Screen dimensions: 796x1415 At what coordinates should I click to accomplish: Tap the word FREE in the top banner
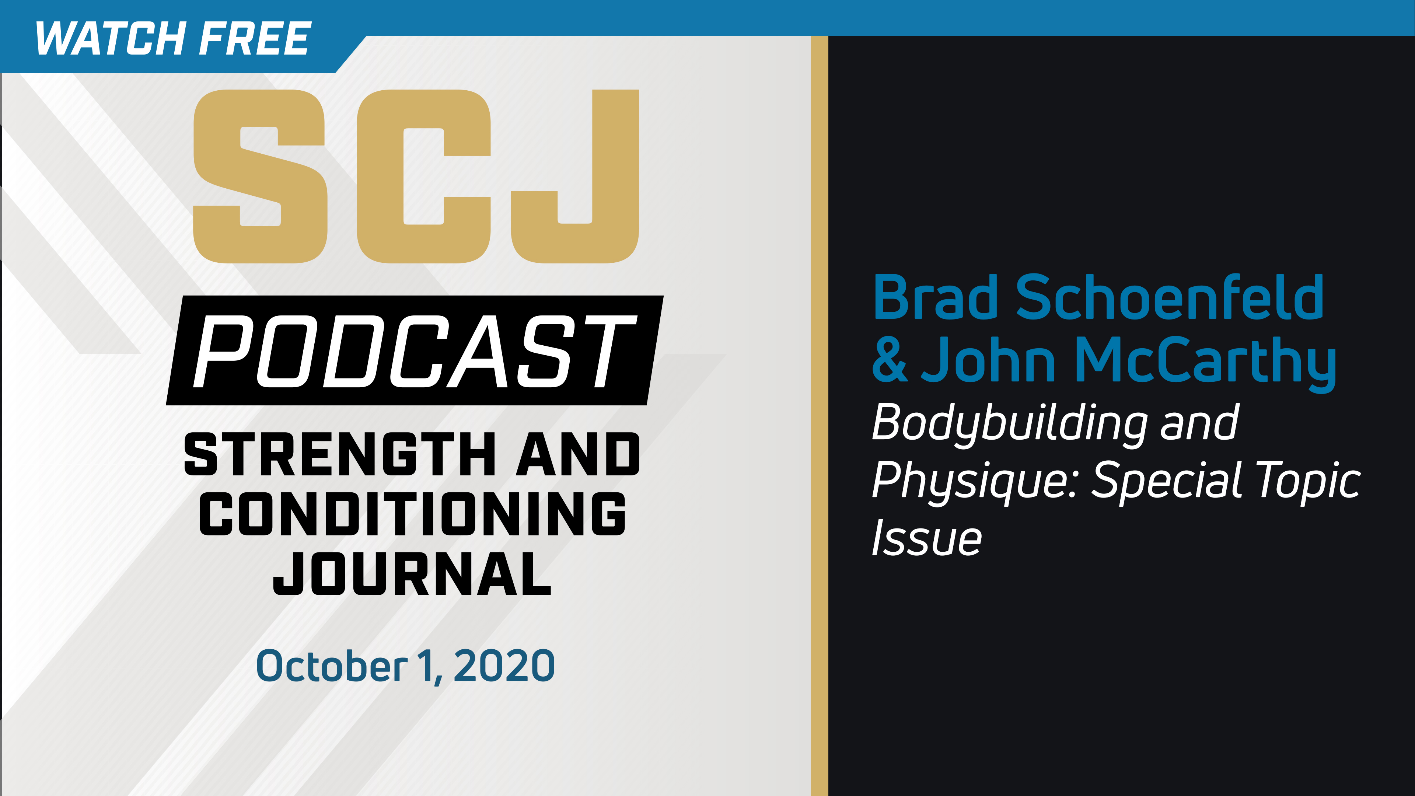(255, 38)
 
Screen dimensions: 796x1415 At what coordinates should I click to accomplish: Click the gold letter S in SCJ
(261, 176)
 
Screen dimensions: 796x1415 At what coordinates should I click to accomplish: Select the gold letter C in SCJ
(423, 176)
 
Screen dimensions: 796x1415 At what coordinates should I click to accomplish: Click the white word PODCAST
(415, 352)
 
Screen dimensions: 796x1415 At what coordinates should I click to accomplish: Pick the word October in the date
(332, 666)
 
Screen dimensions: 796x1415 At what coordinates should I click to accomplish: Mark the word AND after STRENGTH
(578, 454)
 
